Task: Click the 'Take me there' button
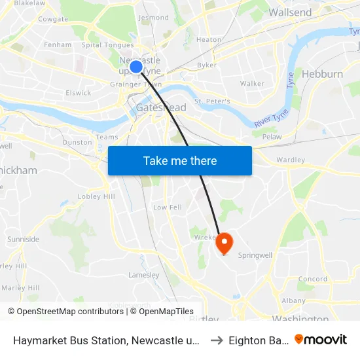(180, 160)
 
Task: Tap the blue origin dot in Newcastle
(136, 67)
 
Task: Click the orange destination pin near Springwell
(224, 243)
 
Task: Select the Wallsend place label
(290, 12)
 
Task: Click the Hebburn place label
(322, 74)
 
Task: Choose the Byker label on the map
(207, 65)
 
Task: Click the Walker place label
(252, 84)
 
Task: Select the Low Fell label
(167, 207)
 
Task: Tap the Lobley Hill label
(96, 196)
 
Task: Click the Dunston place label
(77, 141)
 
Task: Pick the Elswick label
(79, 93)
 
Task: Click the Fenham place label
(57, 45)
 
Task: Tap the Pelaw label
(271, 137)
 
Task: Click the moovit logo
(321, 339)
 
